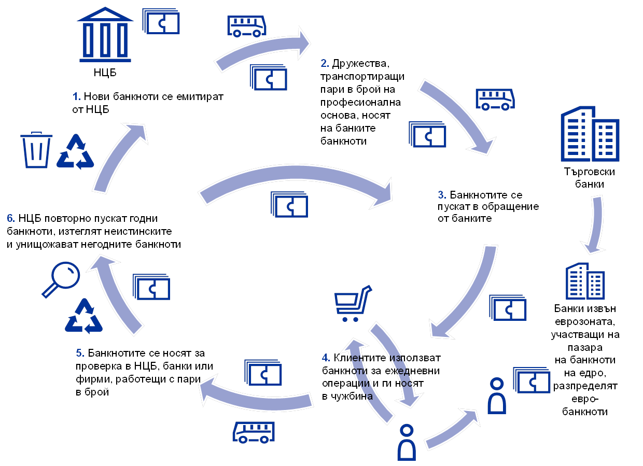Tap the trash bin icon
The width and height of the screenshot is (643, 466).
(36, 150)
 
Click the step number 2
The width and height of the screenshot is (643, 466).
(325, 64)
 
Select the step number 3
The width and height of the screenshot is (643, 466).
(442, 195)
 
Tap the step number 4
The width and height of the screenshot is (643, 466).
(326, 358)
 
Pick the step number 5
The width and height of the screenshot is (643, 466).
(80, 354)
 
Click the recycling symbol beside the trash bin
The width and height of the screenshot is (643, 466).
(76, 152)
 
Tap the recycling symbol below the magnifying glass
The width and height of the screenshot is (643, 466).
(83, 316)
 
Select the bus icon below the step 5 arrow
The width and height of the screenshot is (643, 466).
(254, 432)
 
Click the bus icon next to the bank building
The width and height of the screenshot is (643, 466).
(247, 25)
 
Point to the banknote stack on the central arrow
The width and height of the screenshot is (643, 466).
(289, 204)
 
